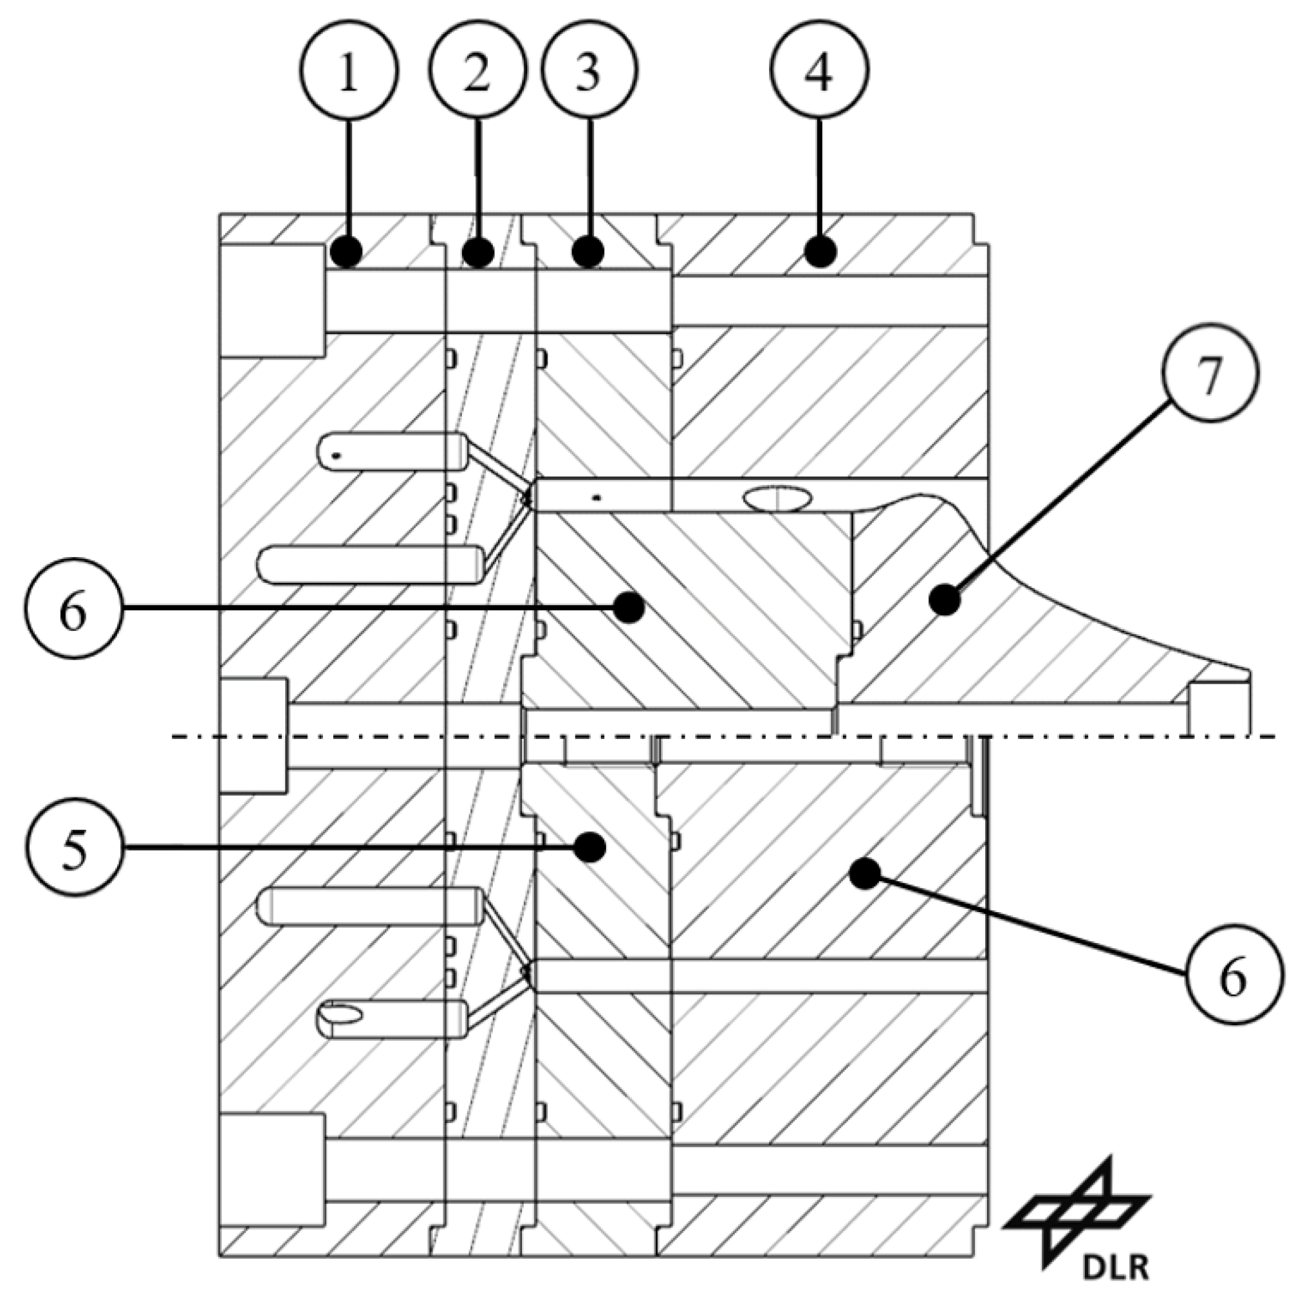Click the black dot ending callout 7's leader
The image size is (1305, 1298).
[x=944, y=599]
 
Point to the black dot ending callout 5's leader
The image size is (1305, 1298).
[x=591, y=846]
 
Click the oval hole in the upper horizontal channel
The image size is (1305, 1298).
[x=777, y=500]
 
